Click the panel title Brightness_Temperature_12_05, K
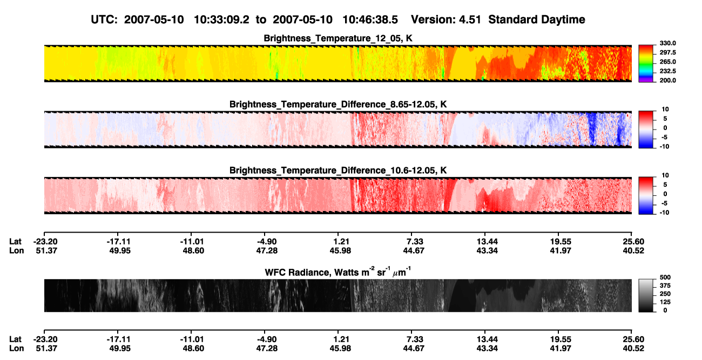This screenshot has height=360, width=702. pos(338,38)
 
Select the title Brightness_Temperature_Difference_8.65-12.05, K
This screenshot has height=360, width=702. pos(338,104)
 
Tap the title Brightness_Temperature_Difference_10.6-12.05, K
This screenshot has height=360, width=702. pos(338,171)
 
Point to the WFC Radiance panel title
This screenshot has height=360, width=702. pos(338,271)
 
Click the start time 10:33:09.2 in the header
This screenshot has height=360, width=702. pos(221,20)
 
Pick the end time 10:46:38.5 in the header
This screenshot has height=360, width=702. pos(370,20)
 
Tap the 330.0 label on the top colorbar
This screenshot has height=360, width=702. pos(667,43)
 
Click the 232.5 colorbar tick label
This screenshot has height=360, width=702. pos(667,71)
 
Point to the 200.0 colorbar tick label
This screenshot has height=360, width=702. pos(667,80)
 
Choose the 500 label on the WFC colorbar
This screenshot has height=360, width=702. pos(665,277)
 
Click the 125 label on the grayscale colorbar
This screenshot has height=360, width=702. pos(665,302)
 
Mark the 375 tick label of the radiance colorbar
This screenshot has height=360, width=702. pos(665,286)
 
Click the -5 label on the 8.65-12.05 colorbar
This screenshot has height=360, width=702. pos(664,137)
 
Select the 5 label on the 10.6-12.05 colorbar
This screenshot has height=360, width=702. pos(665,185)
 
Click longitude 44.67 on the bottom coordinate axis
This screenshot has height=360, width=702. pos(414,349)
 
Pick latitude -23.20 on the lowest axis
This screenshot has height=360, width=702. pos(45,339)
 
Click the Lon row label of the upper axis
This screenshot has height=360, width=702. pos(17,250)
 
